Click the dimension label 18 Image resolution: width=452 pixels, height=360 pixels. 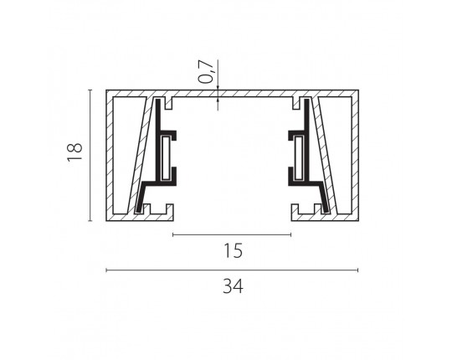pyautogui.click(x=75, y=152)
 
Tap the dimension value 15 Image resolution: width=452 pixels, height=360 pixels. pyautogui.click(x=234, y=250)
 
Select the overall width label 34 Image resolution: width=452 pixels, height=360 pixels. pyautogui.click(x=233, y=286)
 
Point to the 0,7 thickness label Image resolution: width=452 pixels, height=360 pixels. pyautogui.click(x=207, y=71)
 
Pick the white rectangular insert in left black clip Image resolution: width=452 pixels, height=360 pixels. pyautogui.click(x=166, y=157)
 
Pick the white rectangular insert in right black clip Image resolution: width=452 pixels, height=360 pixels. pyautogui.click(x=299, y=157)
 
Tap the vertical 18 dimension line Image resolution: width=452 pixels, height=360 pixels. pyautogui.click(x=90, y=156)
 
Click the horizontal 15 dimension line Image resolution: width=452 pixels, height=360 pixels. pyautogui.click(x=232, y=235)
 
